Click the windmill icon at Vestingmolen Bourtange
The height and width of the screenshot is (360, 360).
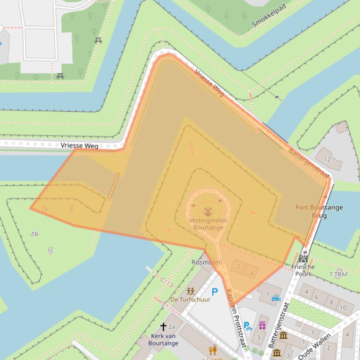[208, 211]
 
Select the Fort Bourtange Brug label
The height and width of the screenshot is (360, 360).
[319, 211]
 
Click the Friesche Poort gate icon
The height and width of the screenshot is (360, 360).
[303, 258]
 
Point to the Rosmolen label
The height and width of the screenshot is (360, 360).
[207, 262]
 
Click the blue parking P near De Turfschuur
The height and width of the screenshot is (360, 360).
[215, 292]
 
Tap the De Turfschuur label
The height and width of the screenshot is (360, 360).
[190, 299]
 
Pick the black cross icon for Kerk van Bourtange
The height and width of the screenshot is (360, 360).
[163, 327]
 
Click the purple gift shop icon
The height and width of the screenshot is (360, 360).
[262, 325]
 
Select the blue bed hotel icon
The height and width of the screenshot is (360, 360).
[276, 298]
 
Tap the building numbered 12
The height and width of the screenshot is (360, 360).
[327, 159]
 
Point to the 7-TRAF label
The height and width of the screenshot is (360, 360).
[338, 274]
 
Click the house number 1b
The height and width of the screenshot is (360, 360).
[35, 234]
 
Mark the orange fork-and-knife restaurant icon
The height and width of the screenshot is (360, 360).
[213, 350]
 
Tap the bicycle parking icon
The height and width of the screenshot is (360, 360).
[248, 326]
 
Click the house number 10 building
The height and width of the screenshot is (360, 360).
[343, 308]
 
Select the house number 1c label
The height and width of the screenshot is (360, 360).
[50, 252]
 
